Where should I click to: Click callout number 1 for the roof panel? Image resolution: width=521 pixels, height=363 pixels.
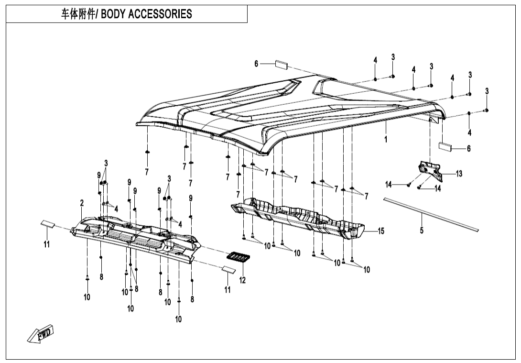[x=386, y=140]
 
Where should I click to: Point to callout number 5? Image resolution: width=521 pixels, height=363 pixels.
[x=422, y=231]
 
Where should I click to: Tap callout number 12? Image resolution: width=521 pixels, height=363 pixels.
[x=242, y=280]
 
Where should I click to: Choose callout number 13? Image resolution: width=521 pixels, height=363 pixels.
[x=459, y=174]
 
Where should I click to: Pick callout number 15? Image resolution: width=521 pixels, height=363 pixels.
[x=381, y=231]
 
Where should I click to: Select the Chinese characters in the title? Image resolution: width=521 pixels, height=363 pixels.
[x=78, y=14]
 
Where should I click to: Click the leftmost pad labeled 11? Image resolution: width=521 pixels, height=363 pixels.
[x=48, y=223]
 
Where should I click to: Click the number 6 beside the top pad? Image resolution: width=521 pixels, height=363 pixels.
[x=256, y=64]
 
